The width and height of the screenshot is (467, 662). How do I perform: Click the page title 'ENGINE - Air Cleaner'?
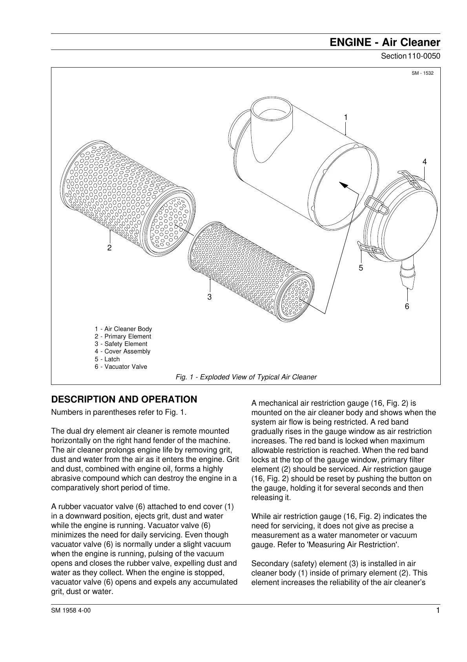(x=385, y=42)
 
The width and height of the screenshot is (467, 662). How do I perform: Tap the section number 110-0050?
(x=424, y=56)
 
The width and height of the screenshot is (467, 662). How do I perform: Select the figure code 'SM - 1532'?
(x=423, y=74)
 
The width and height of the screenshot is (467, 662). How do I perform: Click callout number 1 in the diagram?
(x=346, y=118)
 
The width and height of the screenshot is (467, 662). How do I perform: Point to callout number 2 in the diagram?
(x=109, y=248)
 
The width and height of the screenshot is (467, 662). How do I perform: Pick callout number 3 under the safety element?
(x=210, y=297)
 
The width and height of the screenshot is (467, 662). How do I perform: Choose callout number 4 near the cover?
(x=425, y=162)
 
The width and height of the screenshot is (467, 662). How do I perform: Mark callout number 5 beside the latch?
(x=361, y=268)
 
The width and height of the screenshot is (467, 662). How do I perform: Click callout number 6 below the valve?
(x=407, y=306)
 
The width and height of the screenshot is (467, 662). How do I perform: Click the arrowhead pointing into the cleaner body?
(x=344, y=185)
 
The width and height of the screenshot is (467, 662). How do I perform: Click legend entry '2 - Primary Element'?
(x=123, y=337)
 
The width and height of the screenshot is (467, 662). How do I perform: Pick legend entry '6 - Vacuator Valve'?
(x=121, y=367)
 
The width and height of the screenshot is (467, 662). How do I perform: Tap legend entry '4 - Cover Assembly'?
(x=122, y=351)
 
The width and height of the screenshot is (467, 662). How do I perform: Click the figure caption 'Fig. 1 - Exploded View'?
(x=246, y=377)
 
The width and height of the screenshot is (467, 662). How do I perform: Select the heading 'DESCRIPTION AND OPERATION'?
(x=124, y=399)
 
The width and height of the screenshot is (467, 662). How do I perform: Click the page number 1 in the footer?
(x=438, y=611)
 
